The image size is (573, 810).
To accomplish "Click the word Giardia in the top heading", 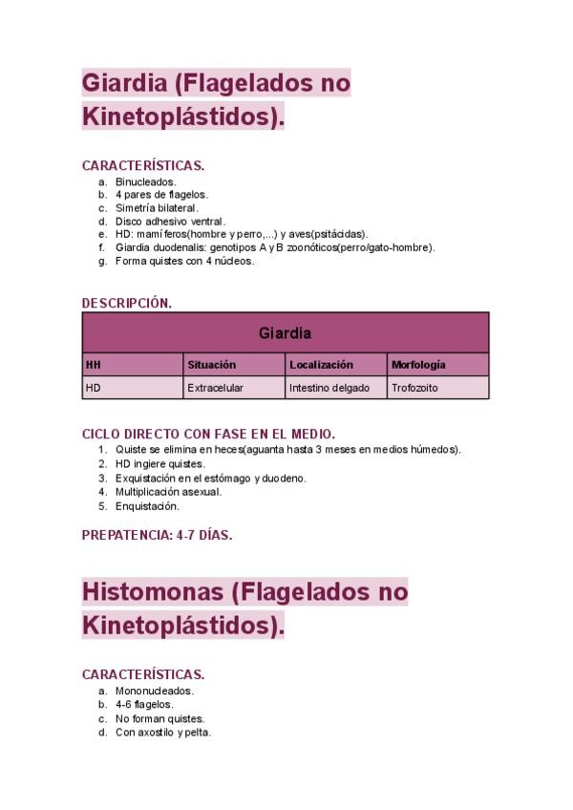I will pyautogui.click(x=124, y=84).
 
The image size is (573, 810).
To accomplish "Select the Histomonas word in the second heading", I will pyautogui.click(x=153, y=592).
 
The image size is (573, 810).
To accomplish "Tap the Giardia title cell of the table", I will pyautogui.click(x=285, y=333).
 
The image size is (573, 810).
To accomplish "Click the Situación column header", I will pyautogui.click(x=211, y=365).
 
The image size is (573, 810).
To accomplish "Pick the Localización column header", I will pyautogui.click(x=321, y=365).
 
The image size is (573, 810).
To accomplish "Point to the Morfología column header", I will pyautogui.click(x=417, y=365).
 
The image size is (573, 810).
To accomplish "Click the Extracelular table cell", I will pyautogui.click(x=215, y=389).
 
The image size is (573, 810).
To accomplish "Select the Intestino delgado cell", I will pyautogui.click(x=329, y=389).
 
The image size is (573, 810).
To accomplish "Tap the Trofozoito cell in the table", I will pyautogui.click(x=414, y=389).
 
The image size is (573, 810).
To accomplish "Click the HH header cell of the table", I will pyautogui.click(x=93, y=365).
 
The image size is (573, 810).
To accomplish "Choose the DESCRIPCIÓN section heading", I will pyautogui.click(x=127, y=303).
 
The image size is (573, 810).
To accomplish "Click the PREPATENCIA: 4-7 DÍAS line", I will pyautogui.click(x=157, y=535).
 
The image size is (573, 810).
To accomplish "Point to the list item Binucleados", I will pyautogui.click(x=146, y=181).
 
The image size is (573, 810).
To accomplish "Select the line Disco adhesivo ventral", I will pyautogui.click(x=170, y=221).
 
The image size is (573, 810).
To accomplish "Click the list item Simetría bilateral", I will pyautogui.click(x=157, y=207).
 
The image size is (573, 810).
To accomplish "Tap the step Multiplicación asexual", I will pyautogui.click(x=168, y=492).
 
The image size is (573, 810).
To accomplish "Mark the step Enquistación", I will pyautogui.click(x=147, y=506).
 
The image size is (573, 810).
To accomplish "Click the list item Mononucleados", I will pyautogui.click(x=154, y=691).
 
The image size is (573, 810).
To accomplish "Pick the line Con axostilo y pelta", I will pyautogui.click(x=162, y=733).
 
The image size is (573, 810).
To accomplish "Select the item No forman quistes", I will pyautogui.click(x=159, y=718).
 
